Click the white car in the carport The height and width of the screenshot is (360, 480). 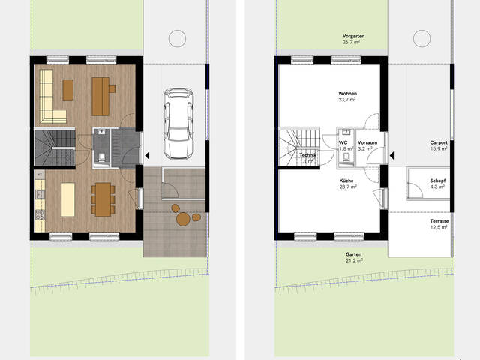[x=178, y=124]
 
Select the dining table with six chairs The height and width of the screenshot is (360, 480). [x=103, y=199]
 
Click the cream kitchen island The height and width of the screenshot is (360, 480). [x=68, y=200]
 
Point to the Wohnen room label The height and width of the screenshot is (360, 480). [x=347, y=93]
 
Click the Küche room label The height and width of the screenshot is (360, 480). [x=346, y=181]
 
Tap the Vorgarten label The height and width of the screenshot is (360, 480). [x=353, y=36]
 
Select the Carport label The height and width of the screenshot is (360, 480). [x=439, y=142]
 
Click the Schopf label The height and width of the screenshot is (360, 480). [x=438, y=181]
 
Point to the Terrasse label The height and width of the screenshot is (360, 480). [x=439, y=221]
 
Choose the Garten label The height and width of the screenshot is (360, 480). [x=353, y=254]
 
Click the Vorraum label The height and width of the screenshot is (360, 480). [x=367, y=142]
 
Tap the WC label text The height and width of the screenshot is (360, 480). [x=343, y=142]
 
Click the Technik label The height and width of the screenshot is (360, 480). [x=307, y=155]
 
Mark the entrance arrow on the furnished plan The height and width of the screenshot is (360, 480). [x=147, y=156]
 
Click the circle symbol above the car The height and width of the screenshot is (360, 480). [x=177, y=38]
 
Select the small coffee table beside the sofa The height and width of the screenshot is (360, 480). [x=68, y=90]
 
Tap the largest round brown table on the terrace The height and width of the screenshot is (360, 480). [x=183, y=219]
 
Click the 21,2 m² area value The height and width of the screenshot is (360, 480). [x=353, y=260]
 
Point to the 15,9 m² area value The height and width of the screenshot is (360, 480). [x=439, y=148]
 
